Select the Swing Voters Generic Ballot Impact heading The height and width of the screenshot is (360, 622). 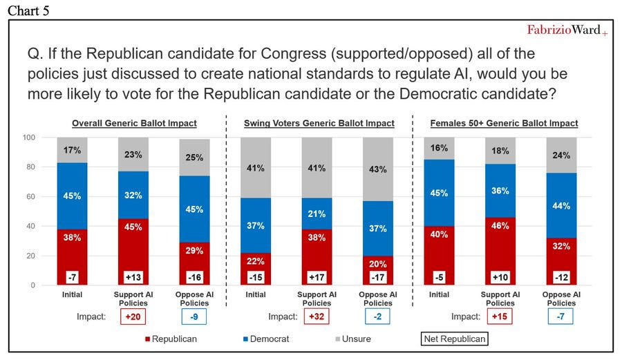(x=319, y=123)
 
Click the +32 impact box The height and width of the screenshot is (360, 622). (x=318, y=317)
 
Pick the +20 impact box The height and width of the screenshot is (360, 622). (x=135, y=317)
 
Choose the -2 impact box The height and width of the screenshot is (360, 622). (x=379, y=317)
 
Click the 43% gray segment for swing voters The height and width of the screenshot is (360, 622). (x=379, y=169)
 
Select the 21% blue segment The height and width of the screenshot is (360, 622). (x=318, y=214)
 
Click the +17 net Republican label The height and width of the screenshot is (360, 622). (x=318, y=278)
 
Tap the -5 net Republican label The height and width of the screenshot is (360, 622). (x=440, y=278)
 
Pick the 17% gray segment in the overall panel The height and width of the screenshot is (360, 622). (x=73, y=149)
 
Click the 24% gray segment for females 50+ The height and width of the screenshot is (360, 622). (x=561, y=155)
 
